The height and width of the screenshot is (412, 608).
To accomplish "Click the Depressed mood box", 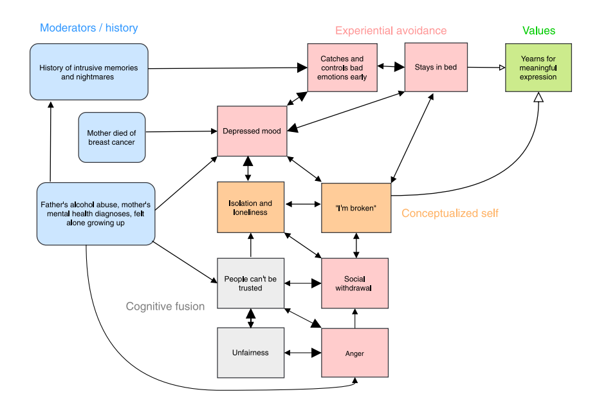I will coord(252,131).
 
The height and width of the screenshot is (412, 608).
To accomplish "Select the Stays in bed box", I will coord(436,68).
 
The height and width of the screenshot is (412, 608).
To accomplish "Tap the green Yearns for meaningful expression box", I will coord(539,68).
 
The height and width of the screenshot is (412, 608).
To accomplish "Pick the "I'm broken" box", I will coord(356,208).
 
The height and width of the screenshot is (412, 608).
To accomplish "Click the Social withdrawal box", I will coord(355,283).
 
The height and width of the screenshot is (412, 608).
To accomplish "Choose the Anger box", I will coord(355,353).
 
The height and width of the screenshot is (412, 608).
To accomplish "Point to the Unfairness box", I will coord(250,352).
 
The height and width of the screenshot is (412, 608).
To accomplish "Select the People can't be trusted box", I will coord(250,283).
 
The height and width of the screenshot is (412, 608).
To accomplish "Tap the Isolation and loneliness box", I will coord(250,208).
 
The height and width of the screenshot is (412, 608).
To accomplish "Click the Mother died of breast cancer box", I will coord(111,138).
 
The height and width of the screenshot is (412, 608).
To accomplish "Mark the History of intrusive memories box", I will coord(89,72).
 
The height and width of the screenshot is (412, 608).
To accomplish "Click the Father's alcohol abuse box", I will coord(96,214).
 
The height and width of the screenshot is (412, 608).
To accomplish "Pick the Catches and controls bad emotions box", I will coord(342,68).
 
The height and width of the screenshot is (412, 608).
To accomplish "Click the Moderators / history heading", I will coord(89,28).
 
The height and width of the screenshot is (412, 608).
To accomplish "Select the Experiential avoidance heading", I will coord(391,31).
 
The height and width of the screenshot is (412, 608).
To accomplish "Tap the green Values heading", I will coord(539,31).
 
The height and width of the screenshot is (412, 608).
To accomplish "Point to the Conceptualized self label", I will coord(450,213).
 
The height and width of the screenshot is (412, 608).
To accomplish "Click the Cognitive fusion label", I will coord(165,306).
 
